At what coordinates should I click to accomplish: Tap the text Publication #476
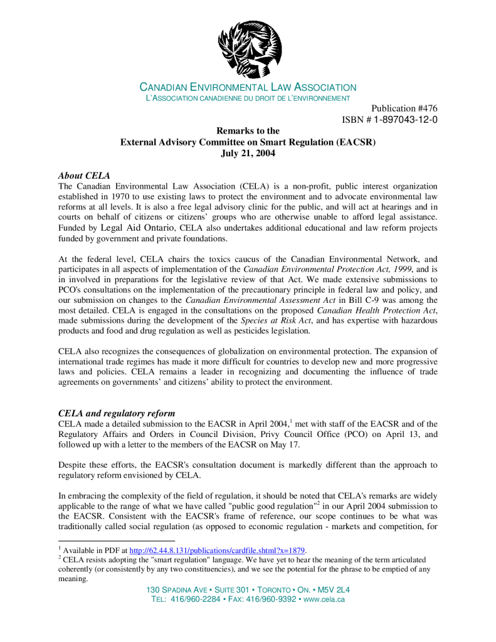coord(404,108)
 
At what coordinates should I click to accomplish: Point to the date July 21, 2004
coord(248,153)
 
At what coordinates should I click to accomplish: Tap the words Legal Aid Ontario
coord(138,228)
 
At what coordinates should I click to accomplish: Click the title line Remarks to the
coord(248,131)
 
